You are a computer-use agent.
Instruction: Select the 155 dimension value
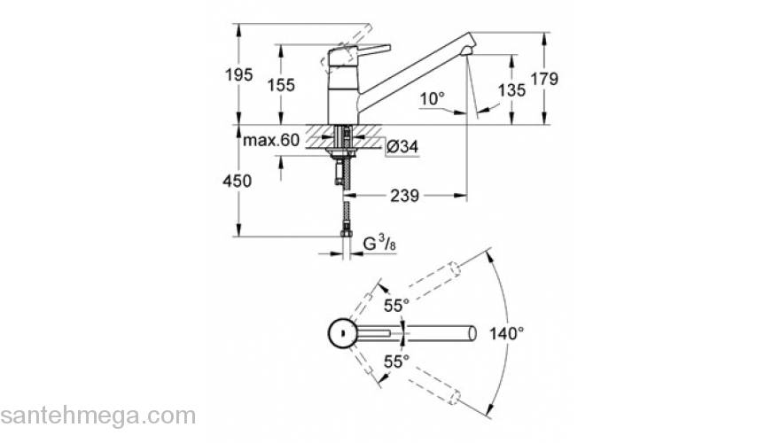pos(283,85)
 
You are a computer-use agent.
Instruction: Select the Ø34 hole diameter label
pos(402,147)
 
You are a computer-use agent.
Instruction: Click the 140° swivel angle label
pos(507,333)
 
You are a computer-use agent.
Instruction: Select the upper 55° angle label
pos(396,305)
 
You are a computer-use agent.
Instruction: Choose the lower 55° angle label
pos(396,361)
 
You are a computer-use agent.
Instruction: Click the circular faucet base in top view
pos(339,333)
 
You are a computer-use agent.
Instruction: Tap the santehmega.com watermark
pos(97,415)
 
